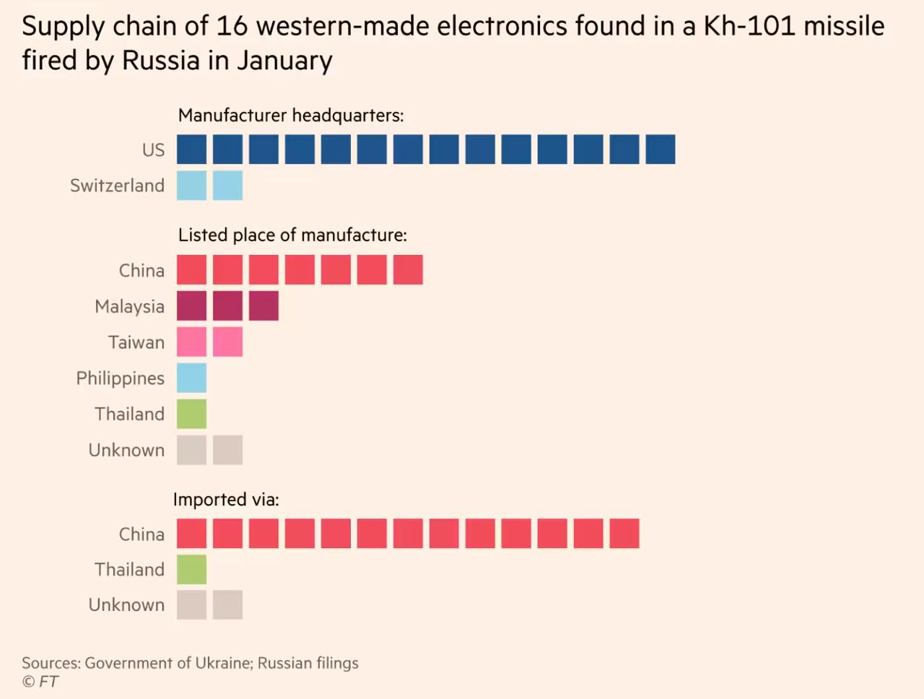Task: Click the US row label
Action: (x=153, y=150)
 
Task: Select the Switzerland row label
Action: (x=117, y=186)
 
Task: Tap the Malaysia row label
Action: (x=129, y=306)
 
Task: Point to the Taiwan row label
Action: (x=136, y=342)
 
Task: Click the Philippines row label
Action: (x=120, y=378)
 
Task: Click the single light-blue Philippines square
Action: (x=191, y=378)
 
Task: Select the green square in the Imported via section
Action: (x=191, y=569)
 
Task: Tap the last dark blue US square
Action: (x=661, y=149)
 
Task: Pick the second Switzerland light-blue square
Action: (x=227, y=186)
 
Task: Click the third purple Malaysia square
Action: (x=263, y=305)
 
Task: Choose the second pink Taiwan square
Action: (x=227, y=342)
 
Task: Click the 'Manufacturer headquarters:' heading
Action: (x=291, y=116)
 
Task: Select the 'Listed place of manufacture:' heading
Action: (x=292, y=235)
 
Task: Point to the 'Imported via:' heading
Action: (x=226, y=500)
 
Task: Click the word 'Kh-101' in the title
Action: (x=749, y=27)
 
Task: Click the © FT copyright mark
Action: (x=40, y=682)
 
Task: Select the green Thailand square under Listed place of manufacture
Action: (x=191, y=414)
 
